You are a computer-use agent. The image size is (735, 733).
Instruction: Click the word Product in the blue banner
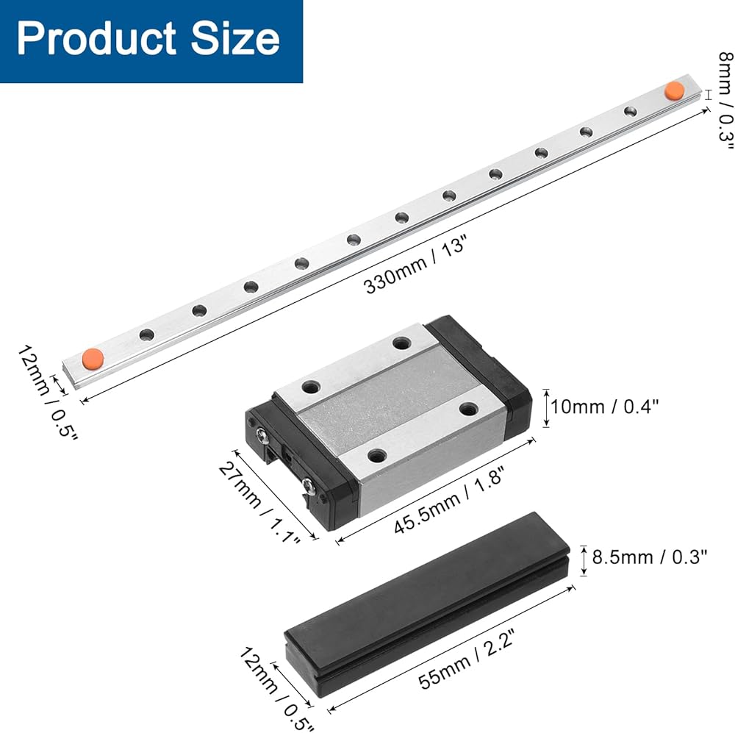coord(96,38)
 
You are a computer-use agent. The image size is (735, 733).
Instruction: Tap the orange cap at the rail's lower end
coord(93,359)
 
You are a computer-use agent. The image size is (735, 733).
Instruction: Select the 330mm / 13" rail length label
coord(415,265)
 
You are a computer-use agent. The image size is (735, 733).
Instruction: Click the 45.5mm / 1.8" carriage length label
coord(448,500)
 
